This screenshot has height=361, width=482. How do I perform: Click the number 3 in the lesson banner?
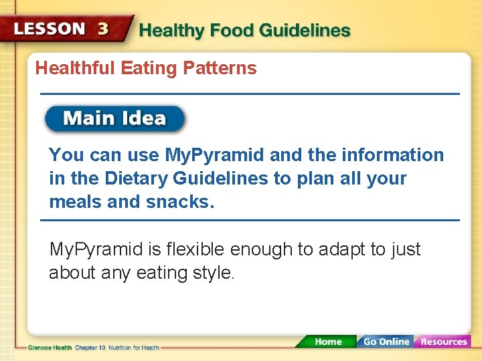pos(103,29)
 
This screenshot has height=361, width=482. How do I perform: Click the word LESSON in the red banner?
pos(50,29)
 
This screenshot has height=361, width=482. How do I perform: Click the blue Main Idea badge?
pos(114,119)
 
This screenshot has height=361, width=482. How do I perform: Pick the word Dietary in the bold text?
pos(136,178)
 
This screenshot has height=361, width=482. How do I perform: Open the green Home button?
pos(327,342)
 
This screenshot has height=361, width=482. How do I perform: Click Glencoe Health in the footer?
pos(50,348)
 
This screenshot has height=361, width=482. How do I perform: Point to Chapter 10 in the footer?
pos(89,348)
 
